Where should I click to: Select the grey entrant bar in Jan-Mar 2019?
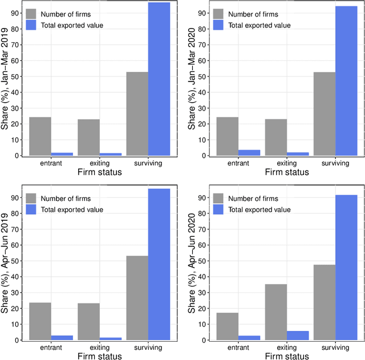tap(40, 136)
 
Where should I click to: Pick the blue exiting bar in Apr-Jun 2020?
tap(298, 335)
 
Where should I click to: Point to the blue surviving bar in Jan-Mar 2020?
tap(346, 80)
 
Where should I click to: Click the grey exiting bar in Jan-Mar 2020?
tap(276, 137)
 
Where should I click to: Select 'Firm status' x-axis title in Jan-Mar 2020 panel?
tap(286, 172)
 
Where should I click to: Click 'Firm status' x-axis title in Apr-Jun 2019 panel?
tap(100, 357)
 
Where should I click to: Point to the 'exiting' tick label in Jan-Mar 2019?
tap(100, 163)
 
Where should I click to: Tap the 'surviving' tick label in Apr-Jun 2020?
tap(335, 347)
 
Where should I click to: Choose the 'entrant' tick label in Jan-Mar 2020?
tap(238, 163)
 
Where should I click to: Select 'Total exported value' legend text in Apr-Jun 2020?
tap(259, 209)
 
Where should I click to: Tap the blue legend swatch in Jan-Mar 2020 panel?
tap(219, 25)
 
